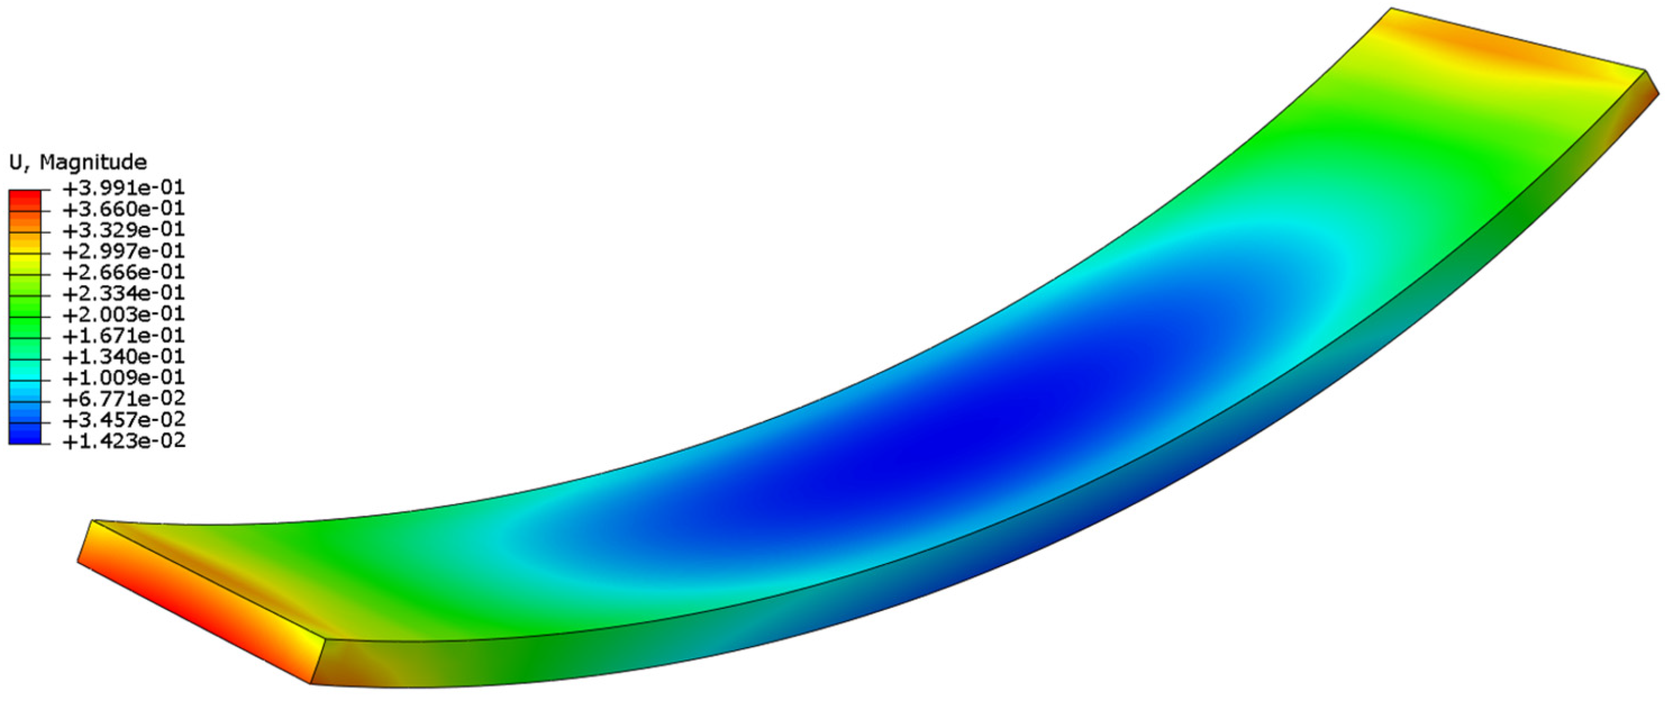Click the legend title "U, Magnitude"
click(78, 161)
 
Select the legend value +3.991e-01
click(124, 188)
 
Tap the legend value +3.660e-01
click(124, 208)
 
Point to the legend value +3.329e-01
click(124, 230)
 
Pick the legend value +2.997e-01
click(124, 251)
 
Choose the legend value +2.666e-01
click(124, 272)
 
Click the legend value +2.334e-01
click(124, 293)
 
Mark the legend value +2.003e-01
click(124, 314)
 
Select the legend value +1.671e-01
click(124, 335)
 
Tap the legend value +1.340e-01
click(124, 356)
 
